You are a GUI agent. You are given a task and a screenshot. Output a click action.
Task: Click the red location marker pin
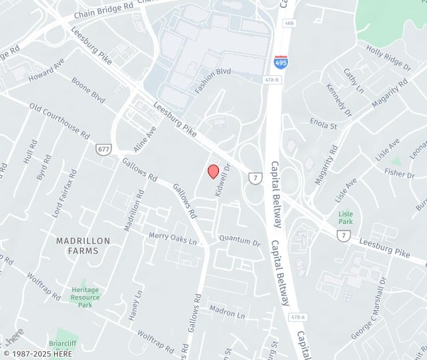213,171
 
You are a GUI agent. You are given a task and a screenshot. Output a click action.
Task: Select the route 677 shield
103,149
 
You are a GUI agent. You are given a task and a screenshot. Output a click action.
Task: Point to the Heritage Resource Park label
85,297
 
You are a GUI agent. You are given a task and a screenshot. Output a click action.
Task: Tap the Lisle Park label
345,218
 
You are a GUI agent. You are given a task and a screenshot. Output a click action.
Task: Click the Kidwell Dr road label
222,180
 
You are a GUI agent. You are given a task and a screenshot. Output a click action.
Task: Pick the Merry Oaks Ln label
173,237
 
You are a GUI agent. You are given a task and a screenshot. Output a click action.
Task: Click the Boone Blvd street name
89,91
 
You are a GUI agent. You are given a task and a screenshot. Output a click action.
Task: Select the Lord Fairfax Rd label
65,194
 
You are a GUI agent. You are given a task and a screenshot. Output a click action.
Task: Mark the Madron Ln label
227,311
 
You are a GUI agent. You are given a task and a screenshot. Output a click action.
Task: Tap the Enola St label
324,124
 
